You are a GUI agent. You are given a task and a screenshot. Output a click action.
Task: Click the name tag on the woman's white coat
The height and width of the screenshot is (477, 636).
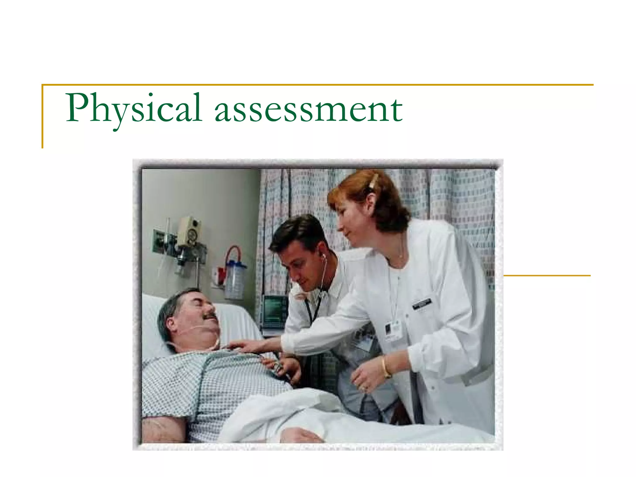coord(421,303)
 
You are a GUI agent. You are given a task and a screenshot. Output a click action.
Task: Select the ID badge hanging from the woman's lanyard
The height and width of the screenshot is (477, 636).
coord(393,331)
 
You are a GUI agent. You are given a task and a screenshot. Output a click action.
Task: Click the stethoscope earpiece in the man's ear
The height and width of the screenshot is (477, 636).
coord(324,256)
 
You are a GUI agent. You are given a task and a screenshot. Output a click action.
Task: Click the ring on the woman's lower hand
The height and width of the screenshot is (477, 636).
coord(364,388)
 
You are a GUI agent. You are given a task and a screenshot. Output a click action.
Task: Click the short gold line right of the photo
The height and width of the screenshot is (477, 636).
coord(547,275)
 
